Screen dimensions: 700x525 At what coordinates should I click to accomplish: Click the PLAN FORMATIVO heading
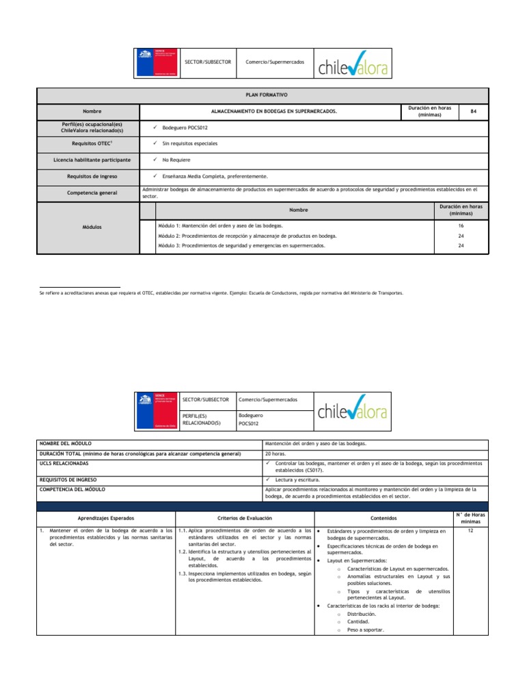[x=262, y=96]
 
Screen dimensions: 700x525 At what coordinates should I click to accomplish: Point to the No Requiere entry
[x=176, y=160]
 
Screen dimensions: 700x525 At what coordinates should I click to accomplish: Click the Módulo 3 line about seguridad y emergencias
[x=241, y=245]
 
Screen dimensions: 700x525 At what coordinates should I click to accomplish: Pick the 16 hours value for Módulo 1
[x=461, y=225]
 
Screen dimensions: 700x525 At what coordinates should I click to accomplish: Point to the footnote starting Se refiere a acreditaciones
[x=222, y=293]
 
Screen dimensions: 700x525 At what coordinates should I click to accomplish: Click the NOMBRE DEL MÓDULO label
[x=66, y=444]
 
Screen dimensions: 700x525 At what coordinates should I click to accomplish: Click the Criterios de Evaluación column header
[x=244, y=519]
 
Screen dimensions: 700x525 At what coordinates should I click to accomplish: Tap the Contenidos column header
[x=383, y=519]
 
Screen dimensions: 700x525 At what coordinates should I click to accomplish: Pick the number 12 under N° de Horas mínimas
[x=470, y=530]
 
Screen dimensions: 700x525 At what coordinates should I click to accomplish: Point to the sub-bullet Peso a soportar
[x=366, y=630]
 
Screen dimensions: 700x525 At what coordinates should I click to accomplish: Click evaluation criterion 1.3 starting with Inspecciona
[x=244, y=576]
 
